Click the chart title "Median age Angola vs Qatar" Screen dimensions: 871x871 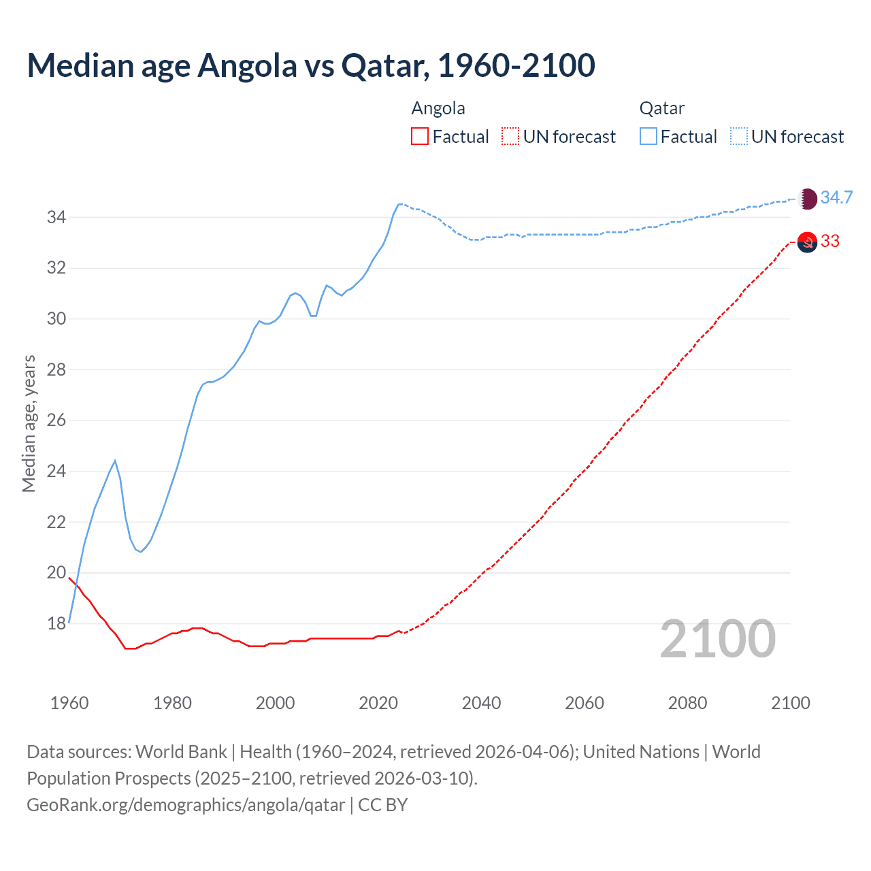[311, 65]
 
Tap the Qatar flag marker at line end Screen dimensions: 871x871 [807, 199]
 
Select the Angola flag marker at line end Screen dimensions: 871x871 [807, 242]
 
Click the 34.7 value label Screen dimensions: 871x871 [836, 198]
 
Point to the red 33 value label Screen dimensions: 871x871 [830, 242]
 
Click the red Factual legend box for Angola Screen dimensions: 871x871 [420, 137]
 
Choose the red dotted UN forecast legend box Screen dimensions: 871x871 [510, 137]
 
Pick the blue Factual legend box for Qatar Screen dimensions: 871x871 [648, 137]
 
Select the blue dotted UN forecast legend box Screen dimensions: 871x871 [739, 137]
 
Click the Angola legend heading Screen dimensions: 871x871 [438, 108]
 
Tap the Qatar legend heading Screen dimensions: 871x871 [661, 108]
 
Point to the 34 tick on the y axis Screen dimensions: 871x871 [56, 218]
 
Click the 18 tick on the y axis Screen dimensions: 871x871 [56, 624]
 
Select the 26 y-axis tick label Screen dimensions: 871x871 [56, 421]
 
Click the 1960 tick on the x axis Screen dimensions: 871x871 [69, 703]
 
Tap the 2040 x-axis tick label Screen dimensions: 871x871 [481, 703]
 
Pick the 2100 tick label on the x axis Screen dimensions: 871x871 [790, 703]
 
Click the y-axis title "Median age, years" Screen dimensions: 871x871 [29, 423]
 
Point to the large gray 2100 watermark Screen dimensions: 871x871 [718, 639]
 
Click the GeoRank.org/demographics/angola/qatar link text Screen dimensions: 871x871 [186, 805]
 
